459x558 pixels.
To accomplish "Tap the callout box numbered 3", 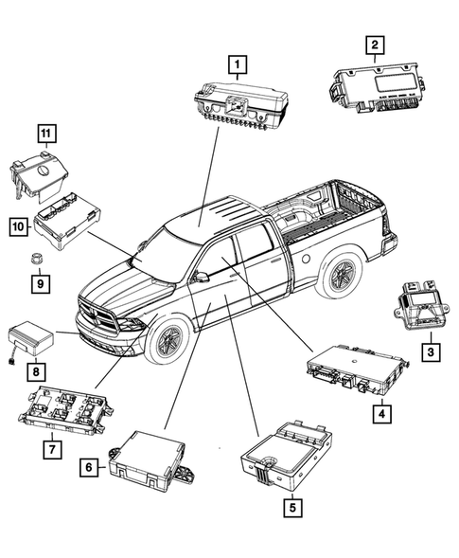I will (430, 351).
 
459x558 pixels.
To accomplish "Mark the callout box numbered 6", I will (88, 467).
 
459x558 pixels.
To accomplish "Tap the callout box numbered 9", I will (40, 282).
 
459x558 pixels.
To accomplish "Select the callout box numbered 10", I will (18, 226).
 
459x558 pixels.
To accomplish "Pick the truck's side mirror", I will (199, 278).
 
